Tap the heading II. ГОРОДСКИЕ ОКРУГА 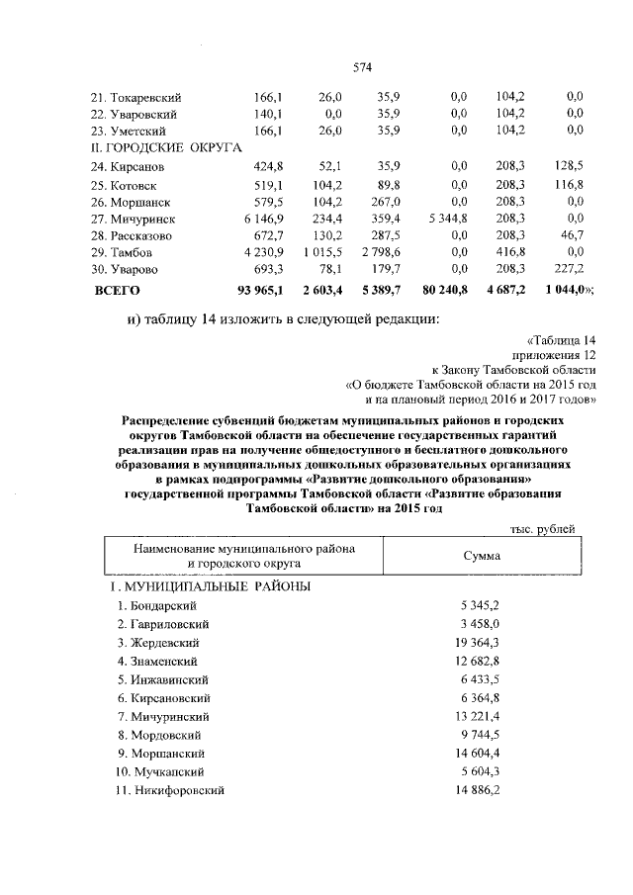tap(166, 146)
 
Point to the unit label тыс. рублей tap(541, 530)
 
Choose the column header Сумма tap(482, 556)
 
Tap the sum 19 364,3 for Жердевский tap(480, 642)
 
